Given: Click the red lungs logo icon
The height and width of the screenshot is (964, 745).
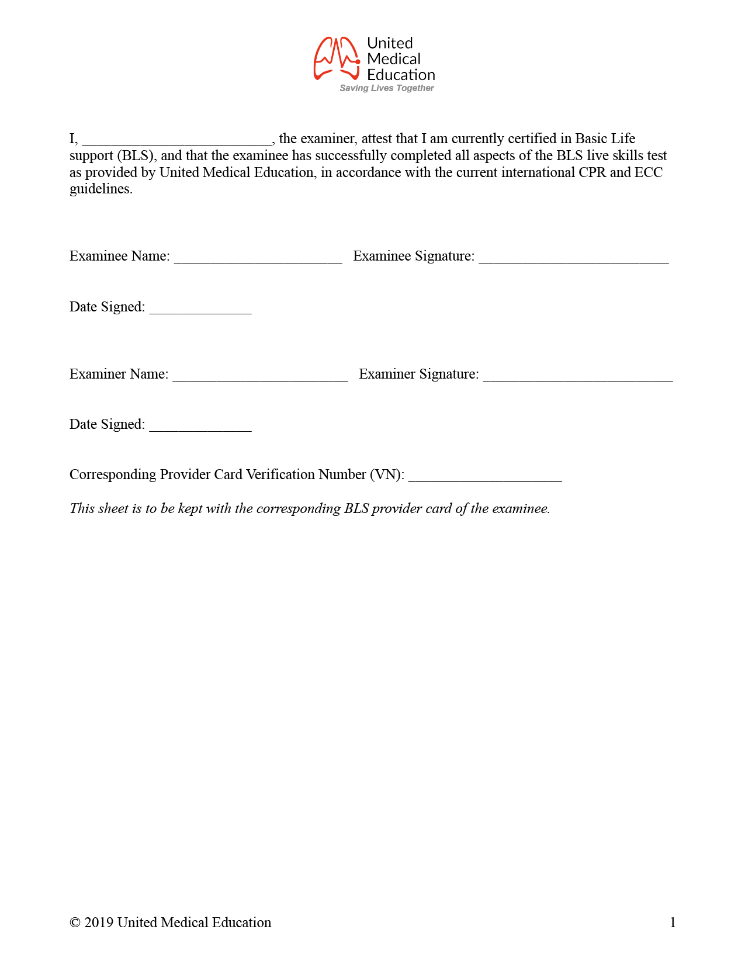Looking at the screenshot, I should [x=337, y=58].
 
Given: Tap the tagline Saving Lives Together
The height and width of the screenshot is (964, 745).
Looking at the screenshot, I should [x=387, y=88].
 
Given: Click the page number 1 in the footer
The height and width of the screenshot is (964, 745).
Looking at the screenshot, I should [x=673, y=923].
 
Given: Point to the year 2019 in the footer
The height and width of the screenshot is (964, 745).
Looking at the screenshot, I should [x=99, y=923].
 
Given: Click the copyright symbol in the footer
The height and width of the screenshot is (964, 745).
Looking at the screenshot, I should [x=75, y=923].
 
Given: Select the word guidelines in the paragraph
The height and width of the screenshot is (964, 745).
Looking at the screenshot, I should [x=101, y=189].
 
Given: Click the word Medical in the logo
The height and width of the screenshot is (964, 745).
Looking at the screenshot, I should [x=393, y=59].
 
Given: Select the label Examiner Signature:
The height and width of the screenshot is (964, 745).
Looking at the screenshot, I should [x=418, y=374].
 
